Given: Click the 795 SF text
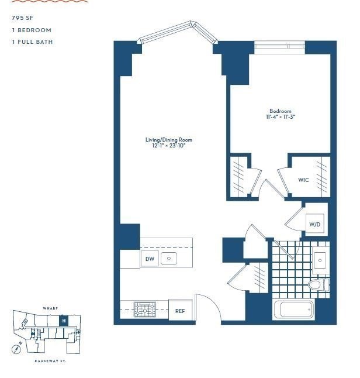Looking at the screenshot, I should [21, 18].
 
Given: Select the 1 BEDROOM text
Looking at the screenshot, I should [32, 30].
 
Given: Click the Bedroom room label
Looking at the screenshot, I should [280, 111].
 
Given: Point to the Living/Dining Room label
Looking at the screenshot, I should [168, 140].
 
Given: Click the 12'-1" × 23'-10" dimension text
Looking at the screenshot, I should [168, 146].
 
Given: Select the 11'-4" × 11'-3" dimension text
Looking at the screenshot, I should [280, 117].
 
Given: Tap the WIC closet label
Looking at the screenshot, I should [303, 180].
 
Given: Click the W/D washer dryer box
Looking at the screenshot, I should [314, 224].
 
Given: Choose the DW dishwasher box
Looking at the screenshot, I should [149, 259].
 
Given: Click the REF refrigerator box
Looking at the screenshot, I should [180, 311].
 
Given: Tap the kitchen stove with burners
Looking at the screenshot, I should [143, 310].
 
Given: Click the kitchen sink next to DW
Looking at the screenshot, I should [169, 259].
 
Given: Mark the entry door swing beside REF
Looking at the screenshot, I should [207, 307].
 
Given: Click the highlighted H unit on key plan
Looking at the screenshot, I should [64, 321].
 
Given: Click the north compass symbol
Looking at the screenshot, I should [18, 348].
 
